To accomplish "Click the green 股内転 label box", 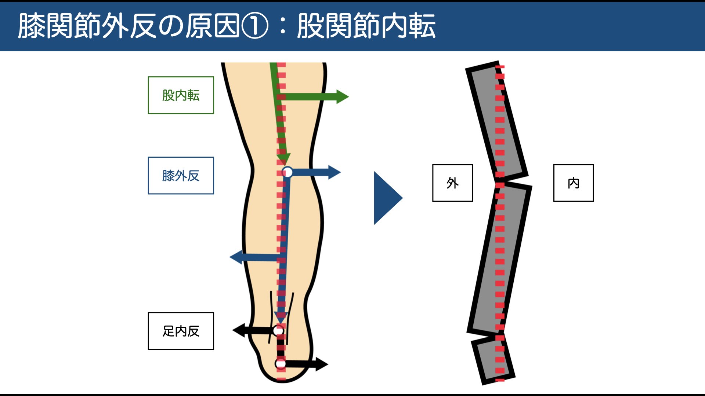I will [x=181, y=95].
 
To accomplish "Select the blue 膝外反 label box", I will [x=181, y=176].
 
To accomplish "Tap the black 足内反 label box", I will [x=181, y=331].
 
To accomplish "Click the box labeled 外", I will [x=452, y=183].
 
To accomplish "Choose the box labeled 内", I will [x=573, y=183].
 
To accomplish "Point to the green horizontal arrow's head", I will [x=342, y=97].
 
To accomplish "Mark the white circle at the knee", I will [x=287, y=172].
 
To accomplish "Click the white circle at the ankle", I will [x=278, y=331].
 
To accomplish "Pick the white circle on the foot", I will [x=281, y=364].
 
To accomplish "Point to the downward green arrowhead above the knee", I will [x=283, y=159].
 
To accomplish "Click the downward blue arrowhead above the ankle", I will [x=281, y=318].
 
